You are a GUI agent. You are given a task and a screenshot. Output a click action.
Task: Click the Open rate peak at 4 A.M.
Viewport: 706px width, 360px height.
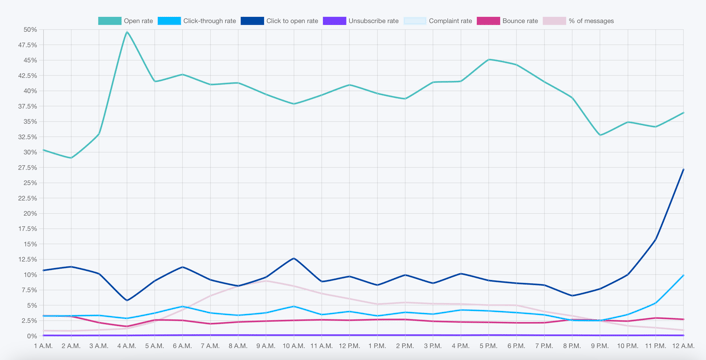coord(127,32)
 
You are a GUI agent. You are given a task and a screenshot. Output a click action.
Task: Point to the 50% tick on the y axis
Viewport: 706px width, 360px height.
coord(29,30)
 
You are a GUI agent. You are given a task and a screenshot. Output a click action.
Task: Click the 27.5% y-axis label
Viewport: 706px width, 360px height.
coord(27,168)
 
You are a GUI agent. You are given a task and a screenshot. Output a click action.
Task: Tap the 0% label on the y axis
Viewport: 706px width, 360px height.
coord(31,336)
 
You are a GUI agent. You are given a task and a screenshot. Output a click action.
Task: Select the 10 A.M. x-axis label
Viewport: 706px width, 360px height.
coord(293,346)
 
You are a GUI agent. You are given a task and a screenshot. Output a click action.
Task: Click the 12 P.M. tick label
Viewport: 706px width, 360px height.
coord(349,346)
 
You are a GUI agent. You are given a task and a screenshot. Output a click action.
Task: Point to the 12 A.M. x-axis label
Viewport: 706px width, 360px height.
coord(682,346)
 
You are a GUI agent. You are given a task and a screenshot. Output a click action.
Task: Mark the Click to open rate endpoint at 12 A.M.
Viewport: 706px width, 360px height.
coord(683,169)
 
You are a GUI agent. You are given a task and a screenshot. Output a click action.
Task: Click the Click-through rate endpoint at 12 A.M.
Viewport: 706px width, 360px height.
coord(683,275)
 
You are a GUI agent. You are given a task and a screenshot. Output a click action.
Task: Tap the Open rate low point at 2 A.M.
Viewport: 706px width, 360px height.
coord(71,158)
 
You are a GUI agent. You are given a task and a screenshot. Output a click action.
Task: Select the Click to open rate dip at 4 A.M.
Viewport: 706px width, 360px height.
coord(127,300)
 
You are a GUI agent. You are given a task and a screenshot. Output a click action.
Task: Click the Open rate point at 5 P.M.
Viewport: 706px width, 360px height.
coord(488,60)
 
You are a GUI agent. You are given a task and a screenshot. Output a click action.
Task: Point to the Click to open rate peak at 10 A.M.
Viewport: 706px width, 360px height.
coord(293,259)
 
